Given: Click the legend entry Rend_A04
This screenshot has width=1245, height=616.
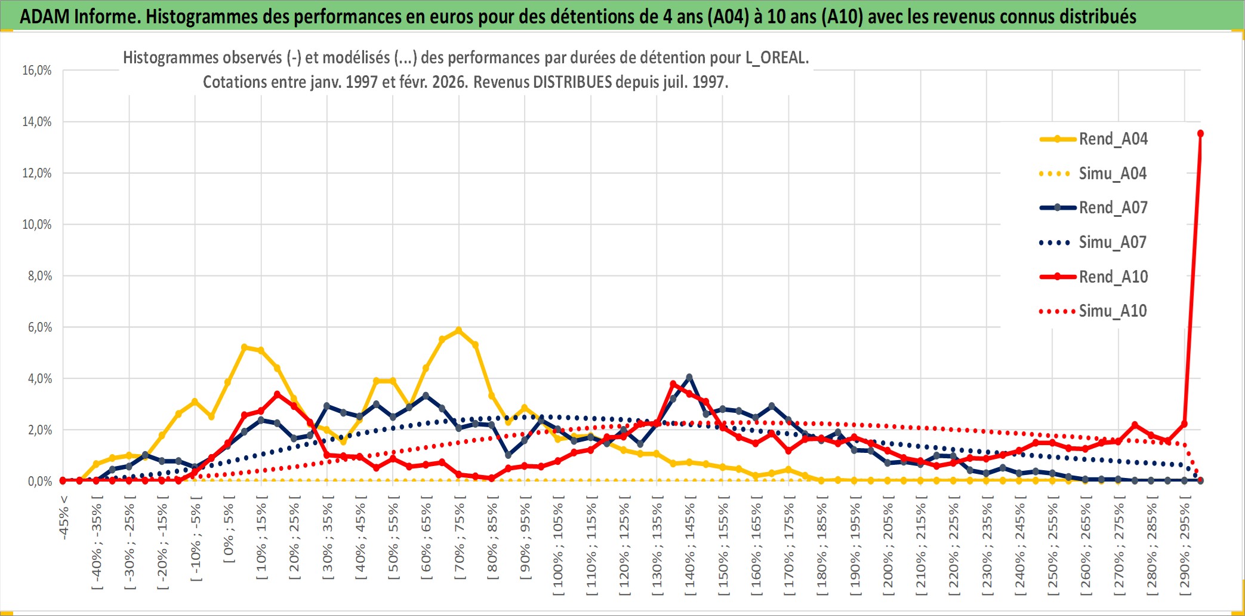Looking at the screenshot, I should point(1113,139).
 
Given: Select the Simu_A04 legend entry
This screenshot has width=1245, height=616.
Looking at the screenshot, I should point(1113,174).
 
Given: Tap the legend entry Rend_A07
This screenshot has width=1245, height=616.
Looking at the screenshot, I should point(1113,208).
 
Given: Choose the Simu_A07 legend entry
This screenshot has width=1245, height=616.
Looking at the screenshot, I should point(1113,243).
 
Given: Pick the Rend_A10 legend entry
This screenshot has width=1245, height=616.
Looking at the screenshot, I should point(1113,277).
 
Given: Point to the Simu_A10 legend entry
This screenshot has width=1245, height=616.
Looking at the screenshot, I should point(1113,311).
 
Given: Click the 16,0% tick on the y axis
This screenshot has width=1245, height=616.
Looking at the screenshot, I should point(37,71).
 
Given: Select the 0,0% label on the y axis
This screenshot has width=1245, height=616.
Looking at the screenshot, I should point(39,482).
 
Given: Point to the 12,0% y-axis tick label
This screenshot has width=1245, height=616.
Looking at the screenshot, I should point(37,173).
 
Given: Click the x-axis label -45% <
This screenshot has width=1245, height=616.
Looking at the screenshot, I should point(64,517).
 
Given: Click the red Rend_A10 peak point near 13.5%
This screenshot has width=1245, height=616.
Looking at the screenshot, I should point(1200,133).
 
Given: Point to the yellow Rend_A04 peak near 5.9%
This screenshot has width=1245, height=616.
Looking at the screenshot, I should point(458,330).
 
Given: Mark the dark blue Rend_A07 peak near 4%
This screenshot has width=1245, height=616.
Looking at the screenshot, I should point(689,377).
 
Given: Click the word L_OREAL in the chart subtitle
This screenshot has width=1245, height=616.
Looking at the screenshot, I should point(776,58).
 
